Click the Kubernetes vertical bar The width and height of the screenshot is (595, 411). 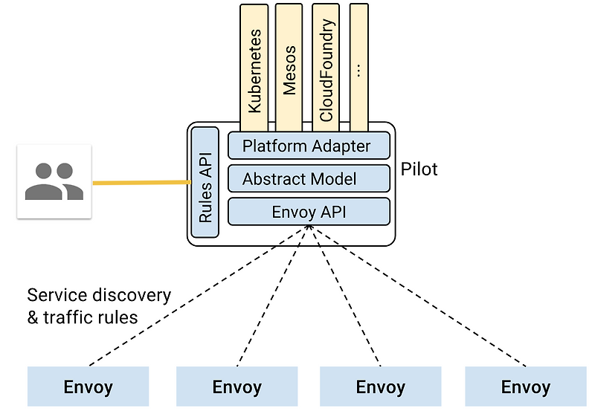pos(256,67)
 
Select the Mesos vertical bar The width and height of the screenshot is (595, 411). pos(289,67)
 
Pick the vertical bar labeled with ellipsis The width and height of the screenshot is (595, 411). pos(358,67)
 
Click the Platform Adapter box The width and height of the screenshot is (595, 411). pos(308,145)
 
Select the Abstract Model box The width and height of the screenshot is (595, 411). pos(308,178)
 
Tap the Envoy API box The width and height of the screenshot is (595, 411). pos(308,212)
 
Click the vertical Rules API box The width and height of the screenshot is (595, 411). pos(205,182)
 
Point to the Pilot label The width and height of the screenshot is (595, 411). pos(419,169)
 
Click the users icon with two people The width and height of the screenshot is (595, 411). pos(54,181)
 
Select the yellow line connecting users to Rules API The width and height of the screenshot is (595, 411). pos(141,182)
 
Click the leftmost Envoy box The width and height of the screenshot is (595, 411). pos(88,386)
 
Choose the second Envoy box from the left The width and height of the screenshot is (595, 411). pos(237,386)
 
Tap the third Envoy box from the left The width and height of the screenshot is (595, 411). pos(380,386)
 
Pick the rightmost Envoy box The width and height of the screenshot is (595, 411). pos(525,386)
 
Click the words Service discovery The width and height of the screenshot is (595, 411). pos(99,295)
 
